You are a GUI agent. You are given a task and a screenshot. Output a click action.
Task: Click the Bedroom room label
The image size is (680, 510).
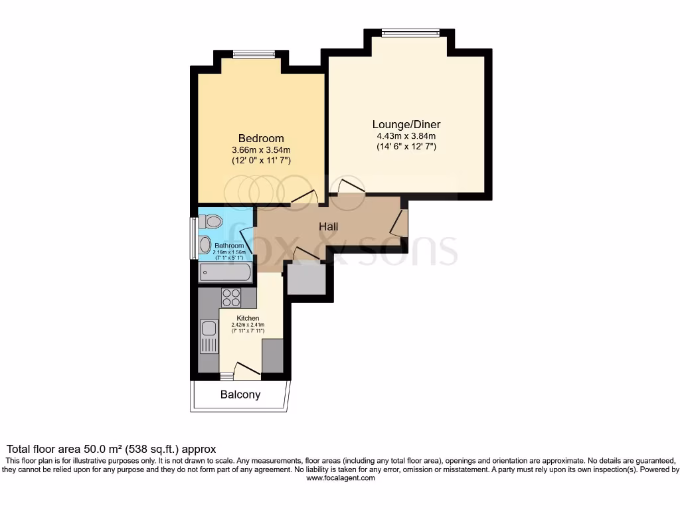pyautogui.click(x=261, y=138)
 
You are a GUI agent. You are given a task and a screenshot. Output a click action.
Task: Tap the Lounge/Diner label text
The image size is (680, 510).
pyautogui.click(x=406, y=124)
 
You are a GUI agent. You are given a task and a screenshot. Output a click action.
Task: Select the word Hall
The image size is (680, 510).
pyautogui.click(x=328, y=226)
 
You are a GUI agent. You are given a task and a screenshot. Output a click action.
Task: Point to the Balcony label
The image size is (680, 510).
pyautogui.click(x=240, y=394)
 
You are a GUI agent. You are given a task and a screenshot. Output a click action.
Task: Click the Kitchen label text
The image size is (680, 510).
pyautogui.click(x=248, y=318)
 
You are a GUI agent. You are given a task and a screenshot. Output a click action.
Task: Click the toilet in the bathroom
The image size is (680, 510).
pyautogui.click(x=212, y=221)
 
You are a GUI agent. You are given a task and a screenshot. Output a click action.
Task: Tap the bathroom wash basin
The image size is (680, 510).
pyautogui.click(x=205, y=245)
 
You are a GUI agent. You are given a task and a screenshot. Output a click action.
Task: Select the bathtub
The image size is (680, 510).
pyautogui.click(x=225, y=272)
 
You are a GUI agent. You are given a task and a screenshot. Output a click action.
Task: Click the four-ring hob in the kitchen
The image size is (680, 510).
pyautogui.click(x=231, y=297)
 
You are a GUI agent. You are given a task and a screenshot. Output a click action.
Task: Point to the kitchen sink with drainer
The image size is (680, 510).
pyautogui.click(x=209, y=336)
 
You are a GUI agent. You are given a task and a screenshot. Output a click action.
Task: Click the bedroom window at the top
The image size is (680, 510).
pyautogui.click(x=253, y=54)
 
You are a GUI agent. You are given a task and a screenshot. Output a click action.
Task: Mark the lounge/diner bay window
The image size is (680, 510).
pyautogui.click(x=410, y=33)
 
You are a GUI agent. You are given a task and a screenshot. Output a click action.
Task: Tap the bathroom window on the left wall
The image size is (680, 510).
pyautogui.click(x=194, y=236)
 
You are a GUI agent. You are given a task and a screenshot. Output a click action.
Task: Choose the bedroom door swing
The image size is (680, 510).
pyautogui.click(x=305, y=196)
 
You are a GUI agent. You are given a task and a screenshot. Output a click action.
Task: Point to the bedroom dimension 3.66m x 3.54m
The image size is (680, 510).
pyautogui.click(x=261, y=149)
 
